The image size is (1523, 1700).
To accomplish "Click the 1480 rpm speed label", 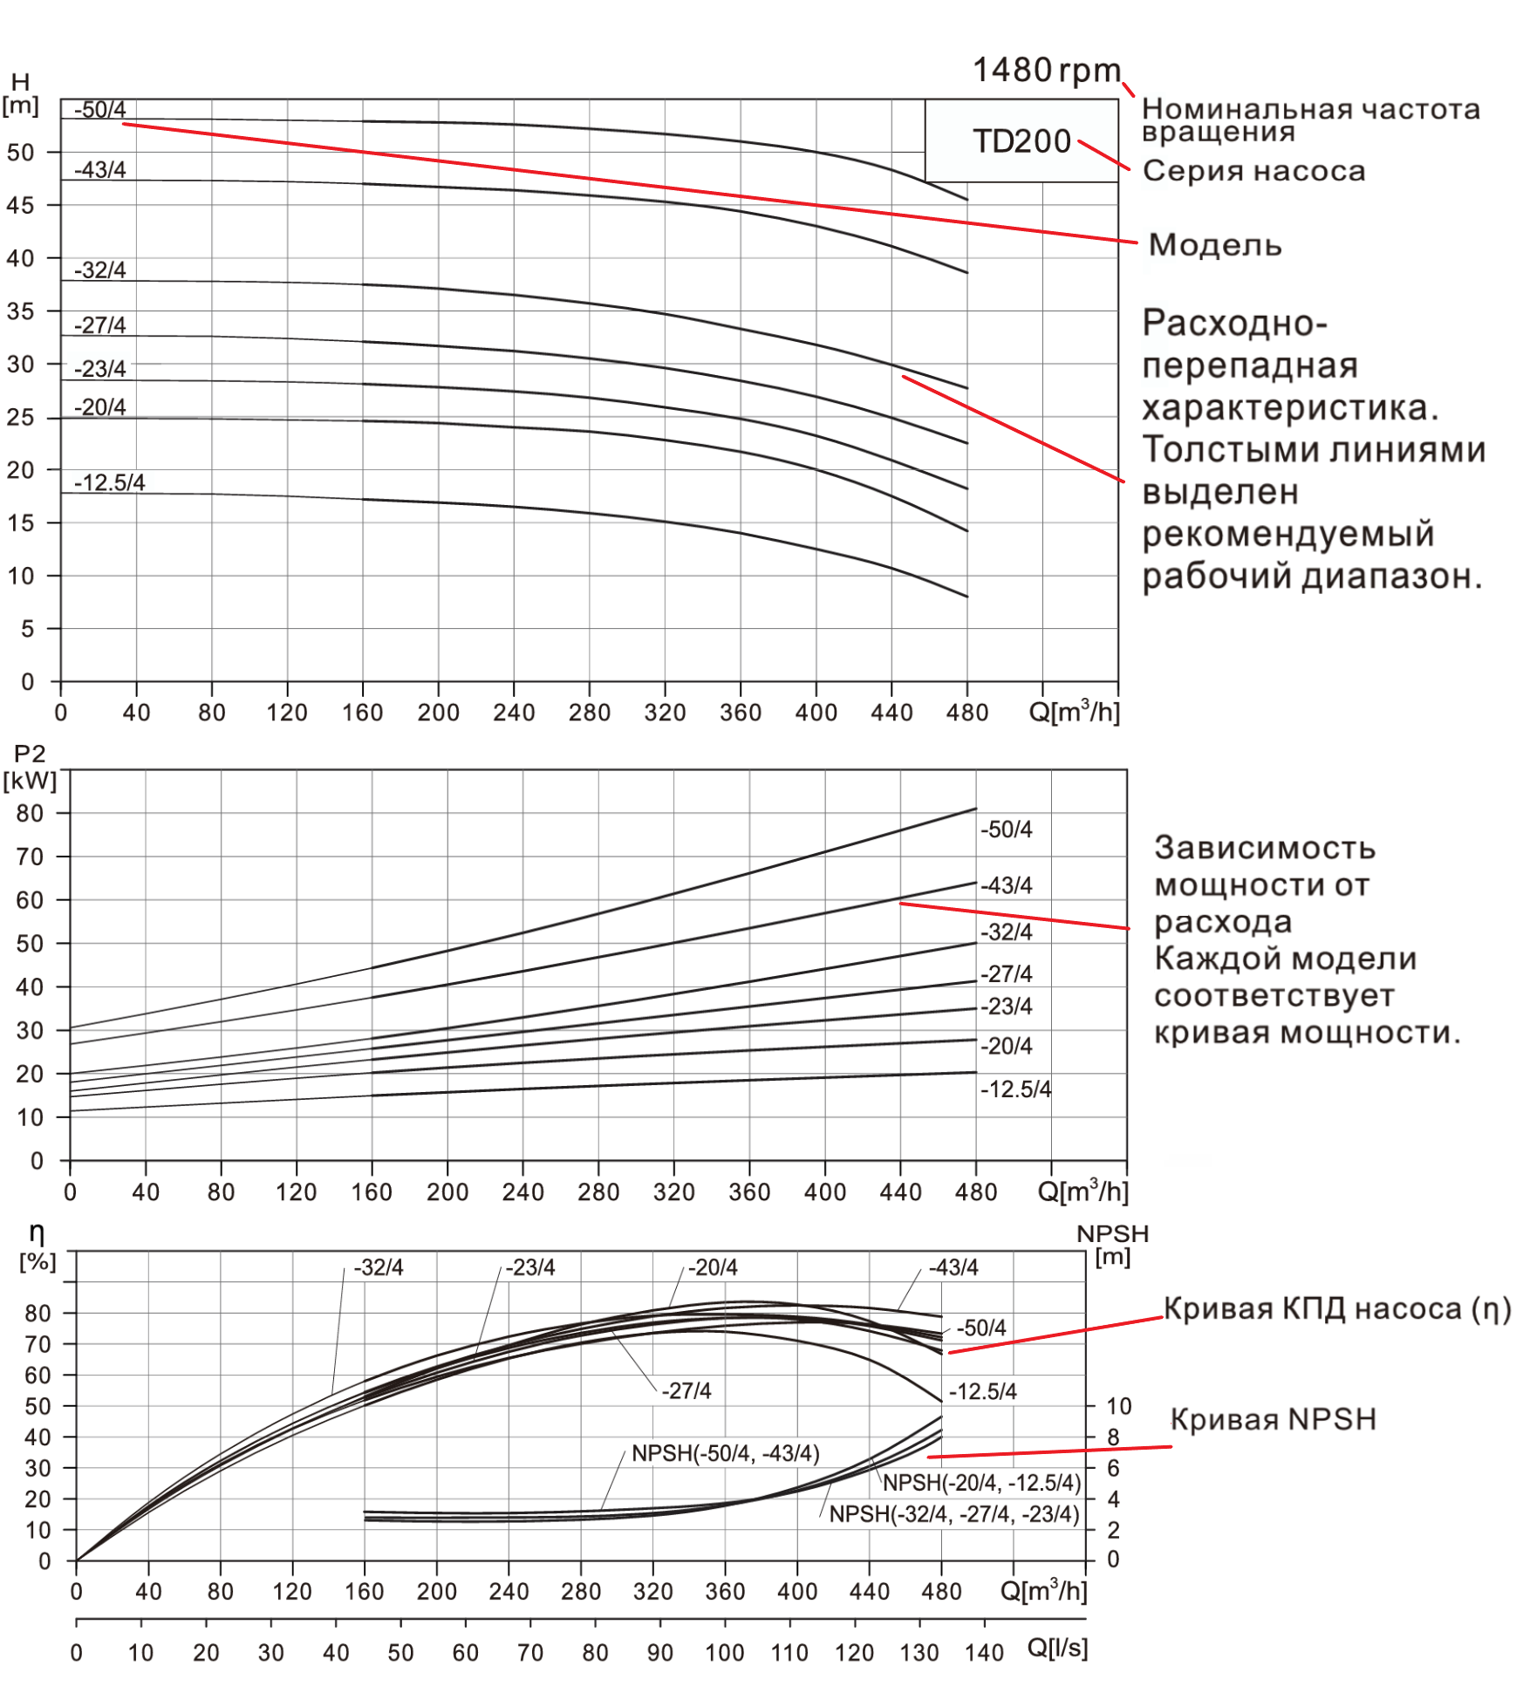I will pyautogui.click(x=1046, y=71).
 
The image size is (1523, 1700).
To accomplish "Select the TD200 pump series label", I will pyautogui.click(x=1021, y=141).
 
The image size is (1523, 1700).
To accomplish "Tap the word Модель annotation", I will pyautogui.click(x=1214, y=245).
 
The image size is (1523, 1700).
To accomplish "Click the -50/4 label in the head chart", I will pyautogui.click(x=99, y=110).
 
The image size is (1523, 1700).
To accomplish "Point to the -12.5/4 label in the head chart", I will pyautogui.click(x=109, y=482).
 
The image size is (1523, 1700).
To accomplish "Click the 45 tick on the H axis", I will pyautogui.click(x=20, y=205).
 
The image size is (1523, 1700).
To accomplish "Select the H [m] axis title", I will pyautogui.click(x=20, y=94).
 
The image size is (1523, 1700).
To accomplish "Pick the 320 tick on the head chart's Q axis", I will pyautogui.click(x=665, y=713).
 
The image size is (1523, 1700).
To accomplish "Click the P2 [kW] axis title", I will pyautogui.click(x=30, y=767).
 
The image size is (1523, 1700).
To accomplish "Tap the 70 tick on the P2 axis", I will pyautogui.click(x=30, y=857).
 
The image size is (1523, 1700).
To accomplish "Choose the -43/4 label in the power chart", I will pyautogui.click(x=1006, y=885).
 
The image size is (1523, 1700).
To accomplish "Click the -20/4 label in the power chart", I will pyautogui.click(x=1006, y=1046).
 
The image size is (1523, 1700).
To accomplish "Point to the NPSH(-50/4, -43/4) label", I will pyautogui.click(x=725, y=1453).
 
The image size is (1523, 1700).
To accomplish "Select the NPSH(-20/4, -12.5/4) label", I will pyautogui.click(x=981, y=1483).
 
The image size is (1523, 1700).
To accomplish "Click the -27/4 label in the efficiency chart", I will pyautogui.click(x=686, y=1390).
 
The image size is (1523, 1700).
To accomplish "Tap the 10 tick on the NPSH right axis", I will pyautogui.click(x=1118, y=1406).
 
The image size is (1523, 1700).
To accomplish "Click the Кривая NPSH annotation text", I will pyautogui.click(x=1273, y=1419).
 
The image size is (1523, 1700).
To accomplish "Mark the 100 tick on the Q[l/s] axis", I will pyautogui.click(x=724, y=1653).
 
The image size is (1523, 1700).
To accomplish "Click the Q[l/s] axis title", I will pyautogui.click(x=1057, y=1648).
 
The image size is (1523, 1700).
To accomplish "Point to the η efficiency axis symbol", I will pyautogui.click(x=37, y=1232).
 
